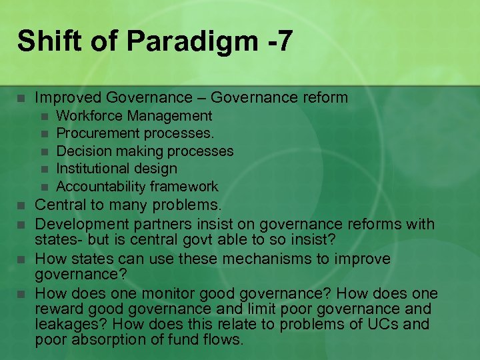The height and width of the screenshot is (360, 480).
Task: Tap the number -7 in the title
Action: tap(274, 41)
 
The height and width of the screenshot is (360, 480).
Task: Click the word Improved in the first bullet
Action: tap(67, 98)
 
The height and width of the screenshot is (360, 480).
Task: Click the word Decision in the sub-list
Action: tap(83, 151)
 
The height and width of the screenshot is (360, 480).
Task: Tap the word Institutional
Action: tap(95, 169)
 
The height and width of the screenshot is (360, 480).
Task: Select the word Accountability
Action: tap(101, 187)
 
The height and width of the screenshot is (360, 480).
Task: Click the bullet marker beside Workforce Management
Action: tap(44, 117)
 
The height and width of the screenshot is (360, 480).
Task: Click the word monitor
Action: tap(135, 294)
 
